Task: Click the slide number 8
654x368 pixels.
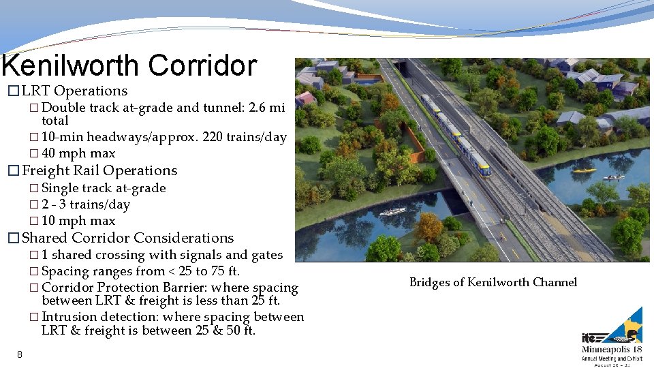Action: (20, 354)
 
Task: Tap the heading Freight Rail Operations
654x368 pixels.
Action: (99, 170)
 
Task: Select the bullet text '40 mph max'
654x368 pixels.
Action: (78, 153)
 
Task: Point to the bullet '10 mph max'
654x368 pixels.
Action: (78, 221)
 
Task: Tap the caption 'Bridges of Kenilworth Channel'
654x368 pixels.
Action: (493, 282)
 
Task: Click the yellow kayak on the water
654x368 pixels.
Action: (584, 170)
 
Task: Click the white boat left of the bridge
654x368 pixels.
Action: (392, 211)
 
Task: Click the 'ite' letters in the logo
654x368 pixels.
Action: (590, 337)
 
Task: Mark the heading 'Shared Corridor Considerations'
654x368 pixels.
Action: (128, 238)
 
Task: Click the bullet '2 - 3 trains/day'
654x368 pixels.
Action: (85, 204)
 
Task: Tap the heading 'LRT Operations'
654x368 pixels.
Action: (74, 91)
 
